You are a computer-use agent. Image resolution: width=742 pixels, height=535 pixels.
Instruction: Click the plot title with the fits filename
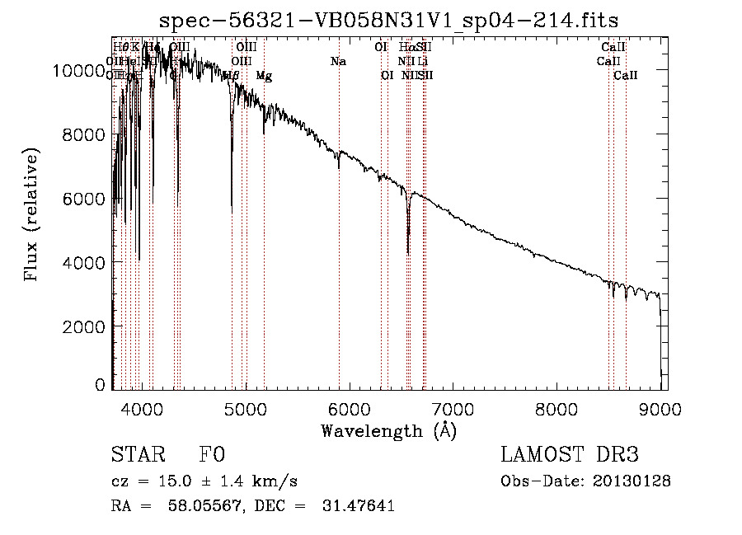tap(388, 20)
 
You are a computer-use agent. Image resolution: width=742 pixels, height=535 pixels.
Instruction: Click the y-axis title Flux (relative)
tap(32, 215)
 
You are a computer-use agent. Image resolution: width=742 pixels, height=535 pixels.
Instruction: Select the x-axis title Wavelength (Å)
tap(388, 430)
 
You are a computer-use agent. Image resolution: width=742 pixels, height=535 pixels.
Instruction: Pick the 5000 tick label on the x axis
tap(245, 406)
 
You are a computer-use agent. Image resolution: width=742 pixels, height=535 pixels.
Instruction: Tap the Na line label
tap(338, 62)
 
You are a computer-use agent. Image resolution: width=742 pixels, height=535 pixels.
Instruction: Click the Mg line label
tap(264, 76)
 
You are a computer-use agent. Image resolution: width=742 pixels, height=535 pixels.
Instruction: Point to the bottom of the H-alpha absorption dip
tap(408, 252)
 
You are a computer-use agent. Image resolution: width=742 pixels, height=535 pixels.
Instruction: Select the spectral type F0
tap(212, 456)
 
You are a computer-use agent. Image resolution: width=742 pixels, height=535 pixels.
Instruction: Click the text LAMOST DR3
tap(570, 455)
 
